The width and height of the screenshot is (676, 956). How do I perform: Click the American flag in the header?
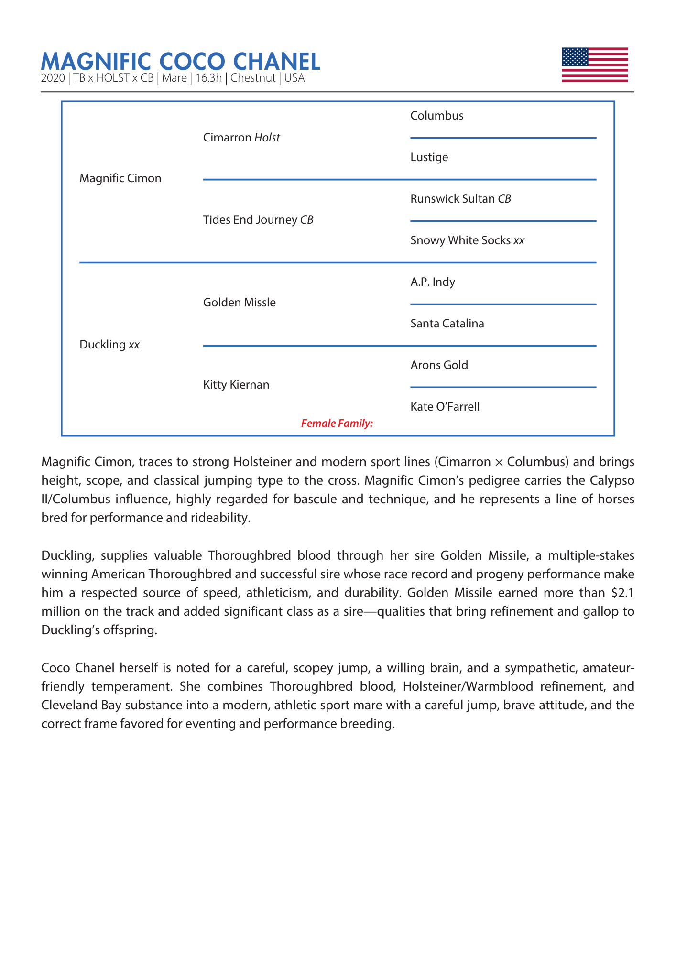point(594,65)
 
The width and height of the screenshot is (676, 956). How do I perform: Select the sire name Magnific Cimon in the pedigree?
point(120,178)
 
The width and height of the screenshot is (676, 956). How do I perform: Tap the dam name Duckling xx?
point(109,345)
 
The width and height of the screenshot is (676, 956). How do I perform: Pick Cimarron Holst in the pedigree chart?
point(241,138)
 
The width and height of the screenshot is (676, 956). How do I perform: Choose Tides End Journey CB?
point(258,220)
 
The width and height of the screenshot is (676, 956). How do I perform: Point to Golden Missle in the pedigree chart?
point(240,303)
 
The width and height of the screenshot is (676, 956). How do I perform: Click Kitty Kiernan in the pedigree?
point(236,385)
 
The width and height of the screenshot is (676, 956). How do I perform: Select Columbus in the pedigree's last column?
point(437,116)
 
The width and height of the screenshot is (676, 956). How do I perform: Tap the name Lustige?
point(429,157)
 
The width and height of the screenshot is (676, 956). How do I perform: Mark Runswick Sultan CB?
point(461,199)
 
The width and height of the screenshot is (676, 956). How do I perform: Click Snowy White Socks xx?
point(468,240)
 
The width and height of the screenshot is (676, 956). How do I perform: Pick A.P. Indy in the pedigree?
point(433,282)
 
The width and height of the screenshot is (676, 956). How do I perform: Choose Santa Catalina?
point(447,324)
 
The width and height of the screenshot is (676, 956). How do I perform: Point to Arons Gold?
point(439,365)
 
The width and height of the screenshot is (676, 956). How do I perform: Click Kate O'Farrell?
point(445,407)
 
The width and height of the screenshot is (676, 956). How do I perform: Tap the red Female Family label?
point(337,423)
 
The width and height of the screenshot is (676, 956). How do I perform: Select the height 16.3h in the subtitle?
point(209,78)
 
